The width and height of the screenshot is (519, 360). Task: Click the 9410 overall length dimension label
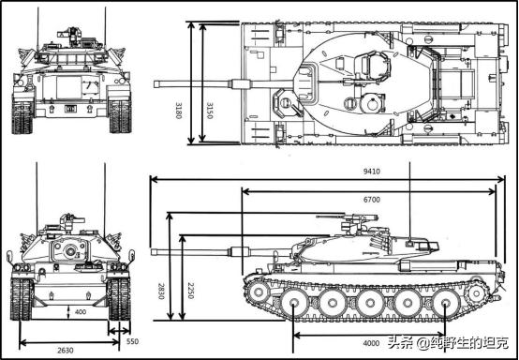[371, 172]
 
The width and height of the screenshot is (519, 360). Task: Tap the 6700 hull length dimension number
[371, 200]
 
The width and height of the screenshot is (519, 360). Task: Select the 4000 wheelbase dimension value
[371, 343]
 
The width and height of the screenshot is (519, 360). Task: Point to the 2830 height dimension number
[161, 291]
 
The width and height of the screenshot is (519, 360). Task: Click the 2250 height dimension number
[190, 291]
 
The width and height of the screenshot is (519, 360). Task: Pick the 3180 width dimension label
[178, 111]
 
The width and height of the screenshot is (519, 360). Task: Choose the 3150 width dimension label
[209, 111]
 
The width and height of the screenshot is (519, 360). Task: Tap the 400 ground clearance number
[81, 311]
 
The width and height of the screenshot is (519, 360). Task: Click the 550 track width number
[132, 341]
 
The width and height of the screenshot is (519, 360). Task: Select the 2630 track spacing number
[66, 351]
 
